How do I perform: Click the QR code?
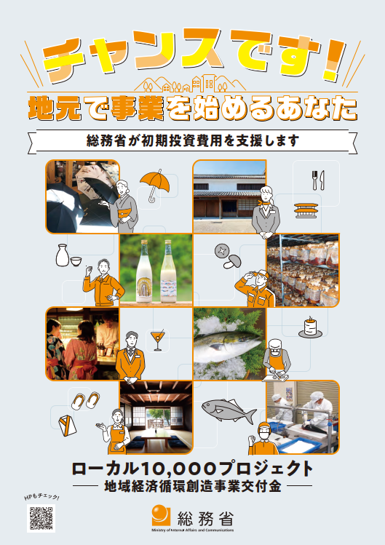click(x=41, y=518)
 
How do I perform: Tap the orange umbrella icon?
click(x=155, y=184)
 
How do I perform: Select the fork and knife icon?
click(x=318, y=180)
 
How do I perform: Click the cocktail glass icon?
click(x=157, y=340)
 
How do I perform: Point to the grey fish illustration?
click(x=229, y=410)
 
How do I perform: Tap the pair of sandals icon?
click(x=86, y=400)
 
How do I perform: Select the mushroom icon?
click(x=228, y=257)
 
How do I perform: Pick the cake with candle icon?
click(x=310, y=327)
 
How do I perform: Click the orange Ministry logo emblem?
click(x=161, y=515)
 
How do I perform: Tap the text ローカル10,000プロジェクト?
click(x=192, y=469)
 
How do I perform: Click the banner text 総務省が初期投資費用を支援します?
click(x=193, y=141)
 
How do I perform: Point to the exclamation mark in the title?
click(x=333, y=59)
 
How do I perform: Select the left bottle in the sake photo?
click(x=143, y=271)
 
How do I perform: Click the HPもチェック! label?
click(x=41, y=497)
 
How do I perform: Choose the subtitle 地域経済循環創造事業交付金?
click(x=193, y=487)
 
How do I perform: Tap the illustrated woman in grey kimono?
click(x=122, y=207)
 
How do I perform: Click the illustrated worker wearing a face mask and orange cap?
click(x=263, y=439)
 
